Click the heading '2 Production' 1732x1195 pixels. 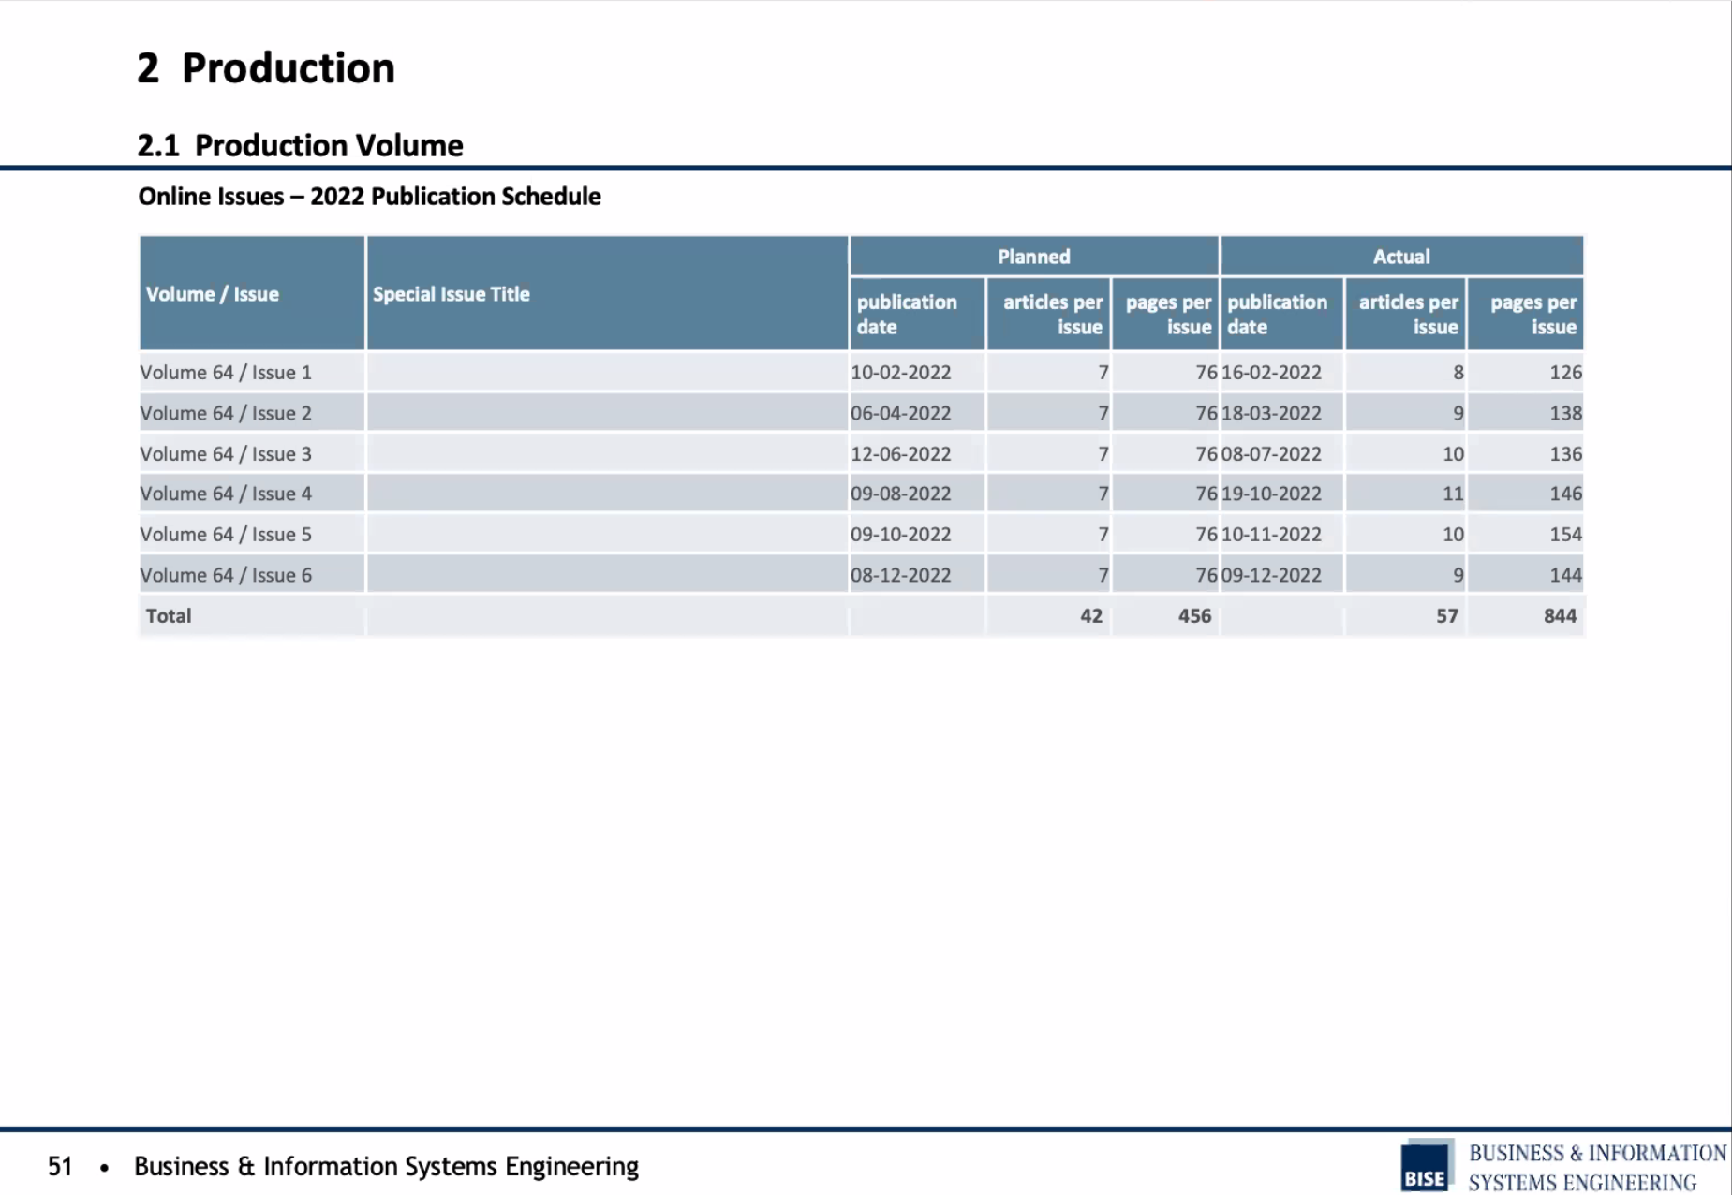tap(266, 68)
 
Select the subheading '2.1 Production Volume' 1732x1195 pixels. tap(300, 145)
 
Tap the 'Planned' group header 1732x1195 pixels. tap(1033, 257)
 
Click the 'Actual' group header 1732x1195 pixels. tap(1401, 257)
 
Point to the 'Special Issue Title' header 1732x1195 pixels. tap(451, 294)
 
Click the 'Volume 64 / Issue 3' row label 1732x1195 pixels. tap(226, 453)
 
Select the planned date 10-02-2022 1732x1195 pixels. tap(900, 372)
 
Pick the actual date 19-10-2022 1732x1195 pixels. tap(1271, 494)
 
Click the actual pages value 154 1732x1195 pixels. tap(1565, 534)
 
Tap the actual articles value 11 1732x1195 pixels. tap(1453, 494)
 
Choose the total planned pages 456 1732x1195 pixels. tap(1194, 615)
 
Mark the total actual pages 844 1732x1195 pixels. tap(1560, 615)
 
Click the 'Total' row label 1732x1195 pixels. tap(169, 615)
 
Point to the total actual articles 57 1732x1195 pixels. tap(1447, 615)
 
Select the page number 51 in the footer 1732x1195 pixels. tap(60, 1166)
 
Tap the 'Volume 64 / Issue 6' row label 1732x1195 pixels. tap(226, 575)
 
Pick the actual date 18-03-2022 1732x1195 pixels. tap(1271, 413)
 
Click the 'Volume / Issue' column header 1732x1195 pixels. tap(213, 294)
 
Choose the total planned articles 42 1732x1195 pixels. tap(1091, 615)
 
